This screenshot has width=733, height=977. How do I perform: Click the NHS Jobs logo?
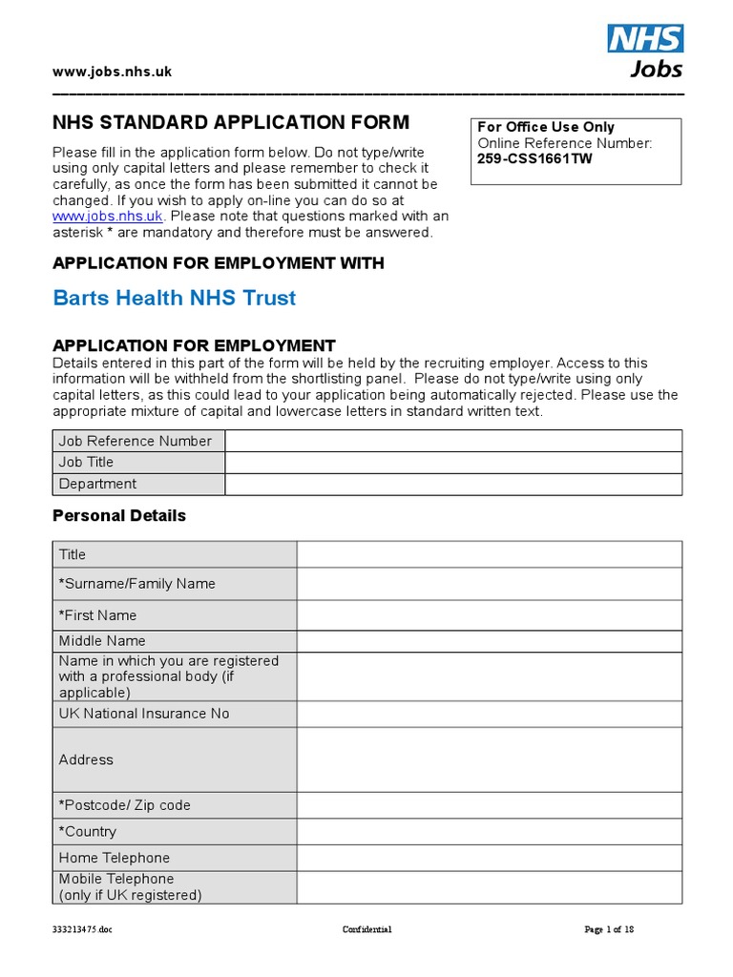tap(645, 51)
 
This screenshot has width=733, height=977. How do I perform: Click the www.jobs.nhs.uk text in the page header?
tap(112, 72)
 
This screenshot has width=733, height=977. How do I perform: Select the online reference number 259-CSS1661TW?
tap(534, 159)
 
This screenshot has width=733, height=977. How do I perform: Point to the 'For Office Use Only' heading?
tap(546, 127)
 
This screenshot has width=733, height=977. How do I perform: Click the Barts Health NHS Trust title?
tap(175, 298)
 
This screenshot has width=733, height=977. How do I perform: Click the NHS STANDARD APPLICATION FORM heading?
tap(230, 123)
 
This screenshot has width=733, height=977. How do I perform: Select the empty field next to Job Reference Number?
tap(453, 441)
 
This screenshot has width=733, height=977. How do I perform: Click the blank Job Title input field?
tap(453, 462)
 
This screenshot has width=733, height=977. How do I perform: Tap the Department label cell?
tap(138, 484)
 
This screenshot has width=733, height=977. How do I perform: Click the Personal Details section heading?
tap(119, 515)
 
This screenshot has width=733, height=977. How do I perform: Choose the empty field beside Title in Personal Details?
tap(489, 554)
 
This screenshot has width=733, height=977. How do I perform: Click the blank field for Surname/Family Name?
tap(489, 584)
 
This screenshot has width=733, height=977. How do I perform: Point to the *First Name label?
tap(98, 615)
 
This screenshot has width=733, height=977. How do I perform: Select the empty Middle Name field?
tap(489, 641)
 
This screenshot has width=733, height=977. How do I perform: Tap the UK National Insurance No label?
tap(144, 714)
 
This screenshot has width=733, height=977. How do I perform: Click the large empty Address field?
tap(489, 759)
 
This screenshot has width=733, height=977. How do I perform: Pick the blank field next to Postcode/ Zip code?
tap(489, 805)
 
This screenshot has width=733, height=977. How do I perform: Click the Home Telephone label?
tap(115, 858)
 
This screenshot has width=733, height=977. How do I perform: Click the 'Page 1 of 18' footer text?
tap(609, 929)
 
